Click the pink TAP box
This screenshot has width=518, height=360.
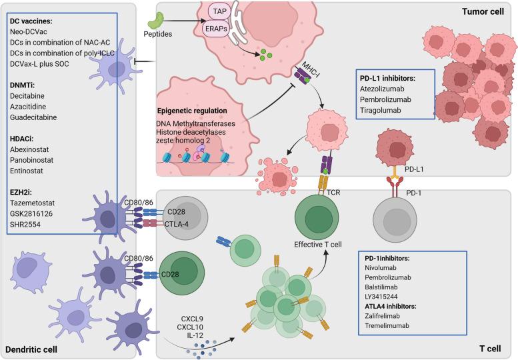[219, 12]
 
